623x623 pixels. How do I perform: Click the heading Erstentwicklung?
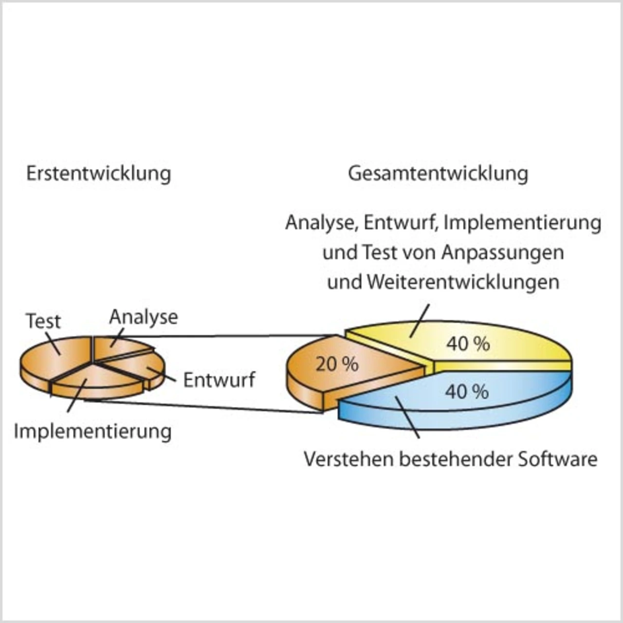point(98,174)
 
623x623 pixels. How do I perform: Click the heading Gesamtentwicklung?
point(438,174)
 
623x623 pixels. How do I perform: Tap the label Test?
point(43,321)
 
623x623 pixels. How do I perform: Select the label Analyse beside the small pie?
point(144,317)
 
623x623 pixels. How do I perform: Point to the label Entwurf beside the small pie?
point(219,380)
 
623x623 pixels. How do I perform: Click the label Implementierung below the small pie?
point(92,431)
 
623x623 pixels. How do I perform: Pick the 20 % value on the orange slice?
point(337,364)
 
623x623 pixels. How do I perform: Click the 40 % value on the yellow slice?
point(468,344)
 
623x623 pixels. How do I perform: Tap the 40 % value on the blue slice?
point(467,391)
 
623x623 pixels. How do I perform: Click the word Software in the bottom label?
point(557,459)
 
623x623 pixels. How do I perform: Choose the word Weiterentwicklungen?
point(463,282)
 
